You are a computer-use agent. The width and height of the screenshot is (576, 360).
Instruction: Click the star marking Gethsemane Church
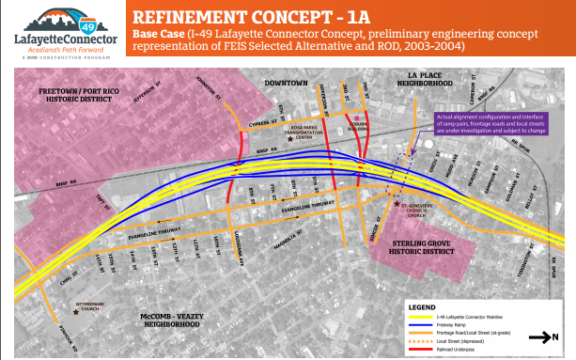82,305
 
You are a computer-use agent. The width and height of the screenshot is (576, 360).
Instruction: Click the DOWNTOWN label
286,84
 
